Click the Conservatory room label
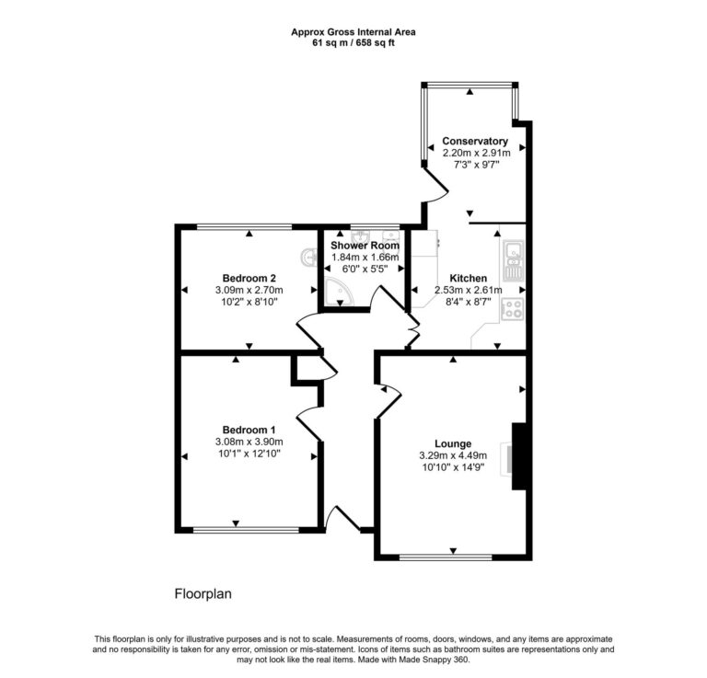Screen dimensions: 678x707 click(475, 141)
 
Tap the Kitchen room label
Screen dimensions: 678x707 click(468, 278)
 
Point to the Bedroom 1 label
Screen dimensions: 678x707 click(249, 430)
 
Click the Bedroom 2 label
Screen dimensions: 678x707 click(249, 278)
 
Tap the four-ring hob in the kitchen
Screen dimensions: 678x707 click(513, 310)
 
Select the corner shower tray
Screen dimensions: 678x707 click(334, 294)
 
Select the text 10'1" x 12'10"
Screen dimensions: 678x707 click(249, 454)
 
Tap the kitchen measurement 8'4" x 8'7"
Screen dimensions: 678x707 click(468, 302)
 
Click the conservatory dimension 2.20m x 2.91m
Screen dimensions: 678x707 click(475, 153)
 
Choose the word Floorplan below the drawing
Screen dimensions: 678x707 click(203, 594)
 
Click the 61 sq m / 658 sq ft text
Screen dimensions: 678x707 click(353, 43)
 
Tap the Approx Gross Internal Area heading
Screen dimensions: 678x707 click(353, 31)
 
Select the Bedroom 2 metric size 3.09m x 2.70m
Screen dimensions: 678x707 click(249, 290)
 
